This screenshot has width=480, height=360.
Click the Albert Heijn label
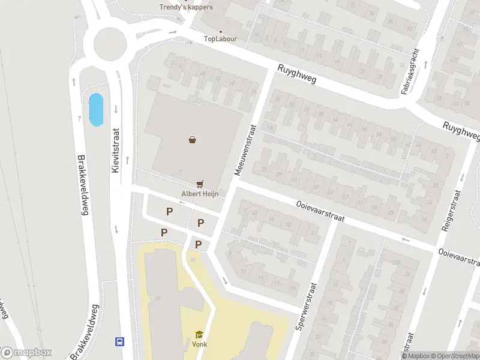[200, 194]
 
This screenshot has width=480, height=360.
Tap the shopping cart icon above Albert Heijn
[200, 184]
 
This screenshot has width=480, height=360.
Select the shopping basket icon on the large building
[192, 140]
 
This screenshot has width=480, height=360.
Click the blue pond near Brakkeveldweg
[95, 110]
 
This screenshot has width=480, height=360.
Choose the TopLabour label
[220, 39]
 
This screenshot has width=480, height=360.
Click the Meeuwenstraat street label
[245, 149]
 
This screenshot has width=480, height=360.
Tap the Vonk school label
[199, 344]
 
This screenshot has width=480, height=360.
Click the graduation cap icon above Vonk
[199, 334]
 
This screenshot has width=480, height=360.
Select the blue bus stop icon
[119, 341]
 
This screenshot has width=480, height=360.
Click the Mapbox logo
[27, 353]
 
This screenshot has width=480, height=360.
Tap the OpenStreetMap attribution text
[455, 356]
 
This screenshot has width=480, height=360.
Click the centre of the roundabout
[110, 43]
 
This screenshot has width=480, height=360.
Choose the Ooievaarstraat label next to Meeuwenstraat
[319, 211]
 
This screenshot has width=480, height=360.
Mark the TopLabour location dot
[220, 31]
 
